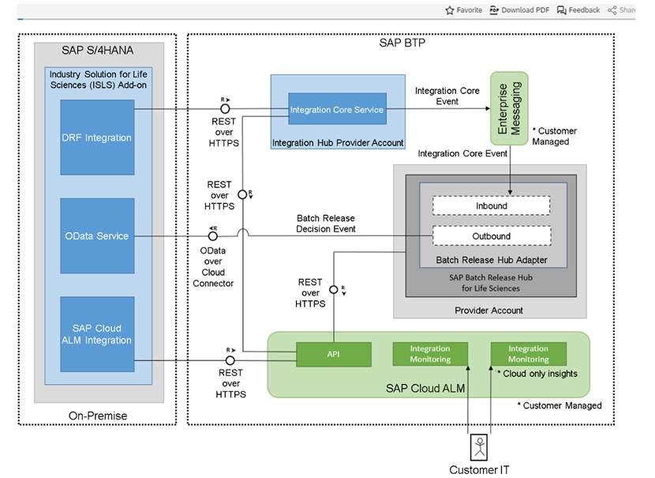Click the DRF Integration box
click(x=97, y=137)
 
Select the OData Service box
click(x=97, y=235)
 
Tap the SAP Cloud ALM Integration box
click(x=97, y=333)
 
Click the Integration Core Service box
click(x=336, y=109)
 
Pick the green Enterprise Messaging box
click(x=509, y=108)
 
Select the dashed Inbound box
click(x=490, y=205)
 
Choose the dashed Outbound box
click(x=490, y=235)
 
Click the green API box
click(x=334, y=354)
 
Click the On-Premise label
click(x=98, y=416)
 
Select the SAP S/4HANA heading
click(x=98, y=51)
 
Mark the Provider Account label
click(x=490, y=310)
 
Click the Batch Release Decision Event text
click(x=326, y=223)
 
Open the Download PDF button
click(x=519, y=10)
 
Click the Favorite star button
click(x=463, y=10)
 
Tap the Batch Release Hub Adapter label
click(x=490, y=260)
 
